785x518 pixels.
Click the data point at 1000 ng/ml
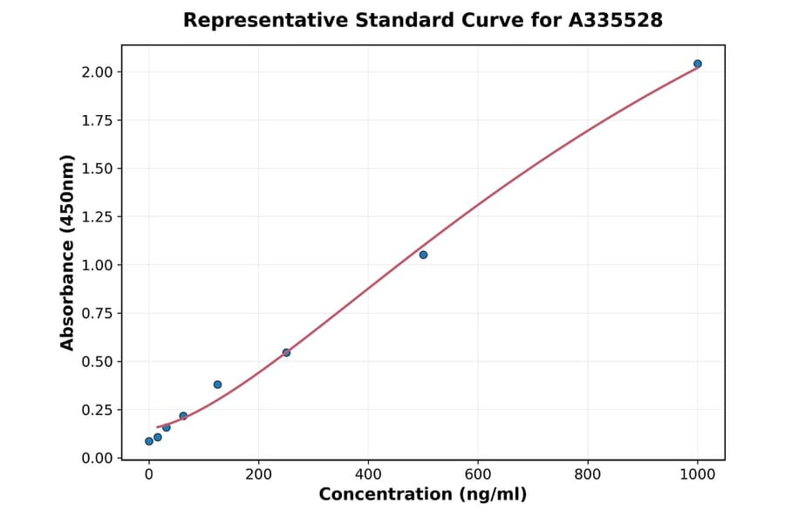(698, 64)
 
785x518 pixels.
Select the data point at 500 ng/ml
(423, 255)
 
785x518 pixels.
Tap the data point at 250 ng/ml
(286, 352)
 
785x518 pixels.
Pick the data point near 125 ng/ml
(217, 385)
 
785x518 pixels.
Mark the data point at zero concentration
(149, 441)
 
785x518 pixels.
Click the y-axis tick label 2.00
(97, 72)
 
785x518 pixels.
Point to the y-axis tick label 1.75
(97, 120)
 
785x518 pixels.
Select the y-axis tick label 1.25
(97, 217)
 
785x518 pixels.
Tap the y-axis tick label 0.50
(97, 362)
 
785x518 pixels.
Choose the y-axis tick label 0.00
(97, 458)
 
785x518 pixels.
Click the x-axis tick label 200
(258, 475)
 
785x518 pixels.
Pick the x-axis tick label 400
(368, 475)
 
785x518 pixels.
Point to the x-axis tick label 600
(478, 475)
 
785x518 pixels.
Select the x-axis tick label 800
(588, 475)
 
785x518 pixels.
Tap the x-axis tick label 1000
(698, 475)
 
